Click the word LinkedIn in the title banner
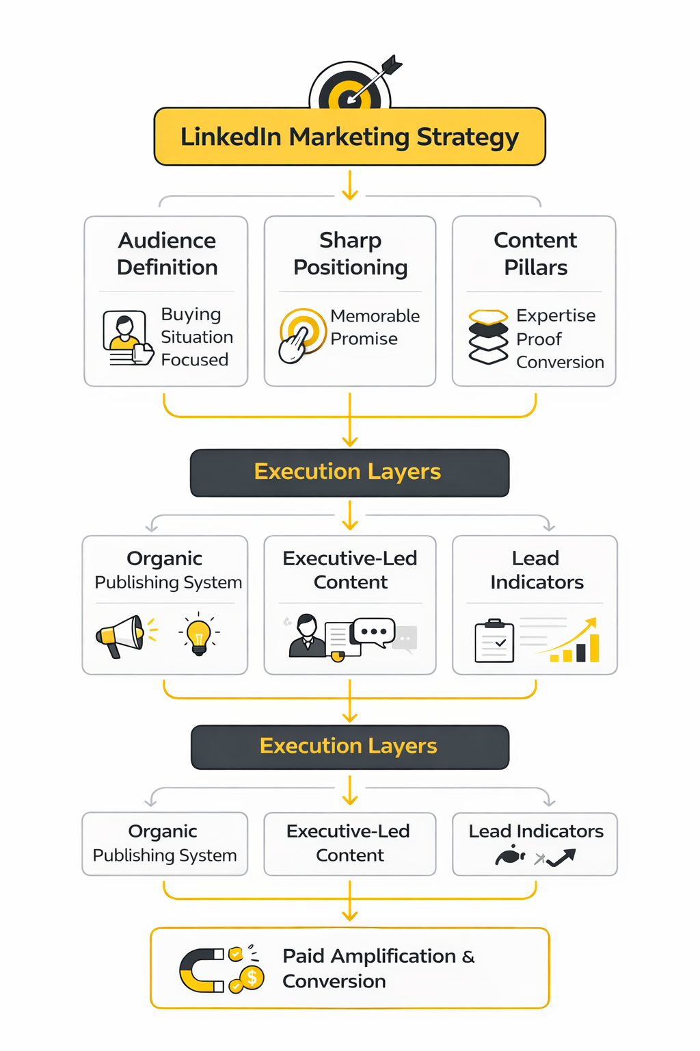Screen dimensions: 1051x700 tap(231, 137)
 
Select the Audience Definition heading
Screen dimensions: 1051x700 tap(167, 254)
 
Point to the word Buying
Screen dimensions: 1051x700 tap(191, 314)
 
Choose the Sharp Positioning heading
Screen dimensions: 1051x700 tap(350, 254)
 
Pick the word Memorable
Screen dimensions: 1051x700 tap(375, 316)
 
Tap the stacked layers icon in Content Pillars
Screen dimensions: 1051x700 tap(488, 336)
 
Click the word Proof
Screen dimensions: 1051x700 tap(539, 339)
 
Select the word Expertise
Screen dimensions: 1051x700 tap(556, 315)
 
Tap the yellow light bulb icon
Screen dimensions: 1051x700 tap(199, 634)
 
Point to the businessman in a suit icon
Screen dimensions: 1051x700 tap(307, 636)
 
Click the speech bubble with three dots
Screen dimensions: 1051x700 tap(373, 632)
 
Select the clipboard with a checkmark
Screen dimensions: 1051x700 tap(494, 641)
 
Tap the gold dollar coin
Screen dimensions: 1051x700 tap(252, 978)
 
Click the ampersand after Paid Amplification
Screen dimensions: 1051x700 tap(468, 957)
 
